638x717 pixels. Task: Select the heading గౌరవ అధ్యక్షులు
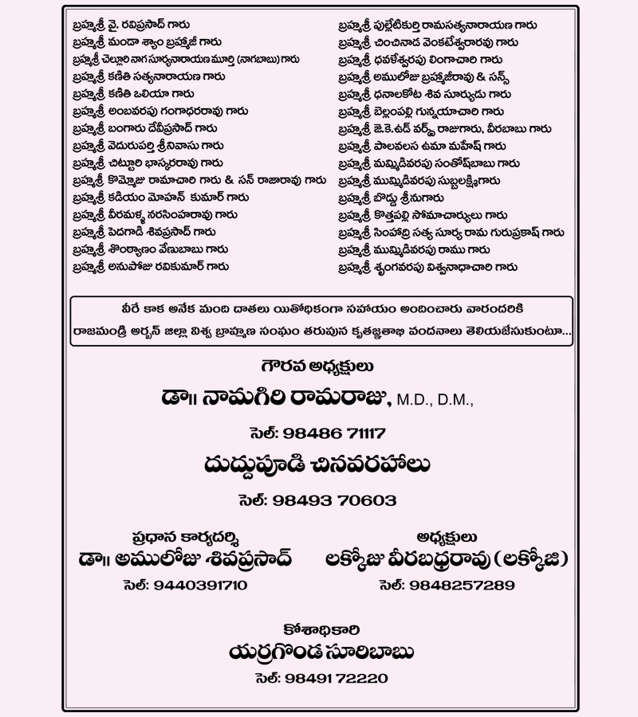(318, 368)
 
